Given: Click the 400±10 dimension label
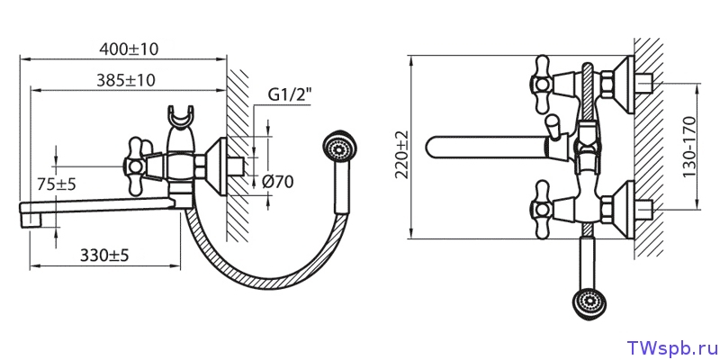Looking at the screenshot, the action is [x=129, y=49].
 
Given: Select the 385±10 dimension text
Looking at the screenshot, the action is [x=126, y=80].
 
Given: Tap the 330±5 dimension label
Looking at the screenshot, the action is [x=104, y=256].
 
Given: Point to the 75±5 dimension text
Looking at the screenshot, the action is [x=57, y=184].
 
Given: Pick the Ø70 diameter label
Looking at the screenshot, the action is [x=277, y=182].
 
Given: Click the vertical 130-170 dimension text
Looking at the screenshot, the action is [x=689, y=147].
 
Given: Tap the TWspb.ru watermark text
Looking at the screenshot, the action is [x=670, y=348].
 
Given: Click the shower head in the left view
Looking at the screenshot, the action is [x=340, y=148].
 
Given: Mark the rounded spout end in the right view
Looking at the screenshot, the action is [x=435, y=147].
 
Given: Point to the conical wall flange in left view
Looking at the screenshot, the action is [x=216, y=166].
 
